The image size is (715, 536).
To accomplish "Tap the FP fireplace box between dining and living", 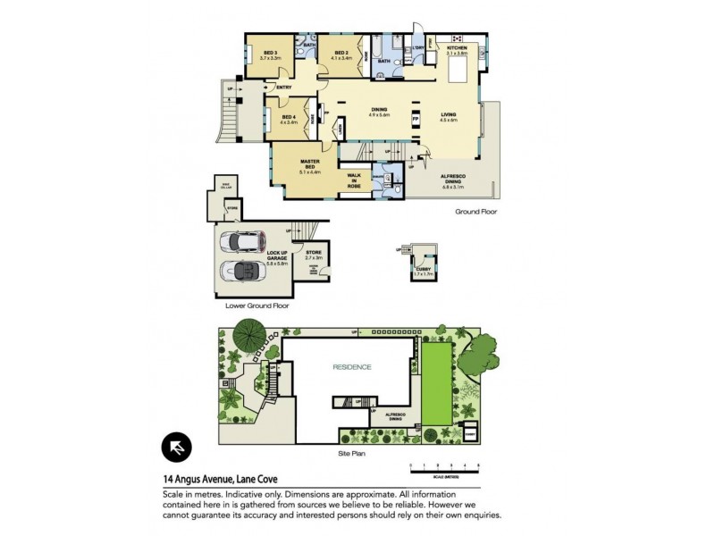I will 415,119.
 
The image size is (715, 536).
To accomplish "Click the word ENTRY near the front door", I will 284,88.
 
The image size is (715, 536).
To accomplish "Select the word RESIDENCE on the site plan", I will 352,367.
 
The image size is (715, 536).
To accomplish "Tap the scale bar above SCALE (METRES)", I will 444,466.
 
